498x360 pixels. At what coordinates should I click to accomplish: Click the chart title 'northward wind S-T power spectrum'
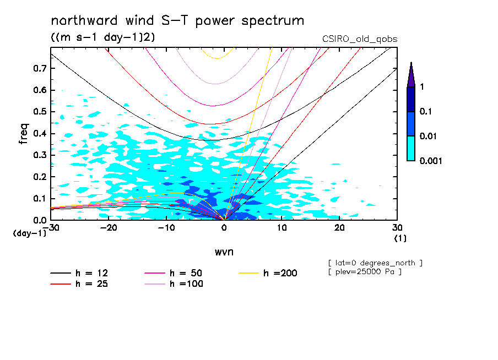coord(177,21)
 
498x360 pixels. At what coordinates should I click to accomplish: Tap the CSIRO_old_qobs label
coord(360,39)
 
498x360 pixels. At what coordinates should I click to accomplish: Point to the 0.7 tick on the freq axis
coord(41,68)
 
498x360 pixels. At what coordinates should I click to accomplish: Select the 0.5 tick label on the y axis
coord(41,112)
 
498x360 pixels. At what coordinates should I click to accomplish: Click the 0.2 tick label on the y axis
coord(41,177)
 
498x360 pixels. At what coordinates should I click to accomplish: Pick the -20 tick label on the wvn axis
coord(109,228)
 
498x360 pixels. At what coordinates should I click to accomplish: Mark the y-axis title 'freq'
coord(24,134)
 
